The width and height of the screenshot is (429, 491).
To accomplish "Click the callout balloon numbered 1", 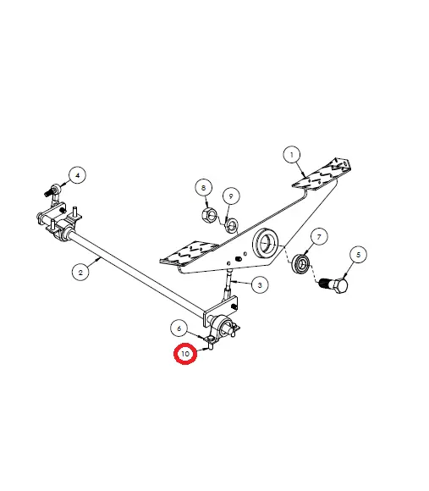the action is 292,154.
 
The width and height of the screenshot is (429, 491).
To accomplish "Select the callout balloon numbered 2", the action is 80,272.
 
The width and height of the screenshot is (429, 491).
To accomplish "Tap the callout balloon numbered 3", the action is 260,285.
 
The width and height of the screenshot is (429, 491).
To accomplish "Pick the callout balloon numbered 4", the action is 78,175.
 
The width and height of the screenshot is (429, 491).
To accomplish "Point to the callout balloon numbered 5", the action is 358,255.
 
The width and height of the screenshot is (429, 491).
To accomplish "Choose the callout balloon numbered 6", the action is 179,328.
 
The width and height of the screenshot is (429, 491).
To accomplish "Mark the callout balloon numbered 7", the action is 319,237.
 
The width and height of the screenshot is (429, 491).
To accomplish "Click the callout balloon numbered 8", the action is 204,188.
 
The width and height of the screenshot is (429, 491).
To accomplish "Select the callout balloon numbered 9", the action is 231,196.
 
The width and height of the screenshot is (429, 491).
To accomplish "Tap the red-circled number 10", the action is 185,354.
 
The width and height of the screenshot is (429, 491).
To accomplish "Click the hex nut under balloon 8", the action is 209,214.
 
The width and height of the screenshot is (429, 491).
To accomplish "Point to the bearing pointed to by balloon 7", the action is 301,263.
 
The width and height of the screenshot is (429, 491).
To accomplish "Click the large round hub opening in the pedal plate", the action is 266,244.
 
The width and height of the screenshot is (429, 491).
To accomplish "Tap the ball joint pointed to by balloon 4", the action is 53,190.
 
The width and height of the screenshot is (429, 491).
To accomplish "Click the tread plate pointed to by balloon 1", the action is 322,174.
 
